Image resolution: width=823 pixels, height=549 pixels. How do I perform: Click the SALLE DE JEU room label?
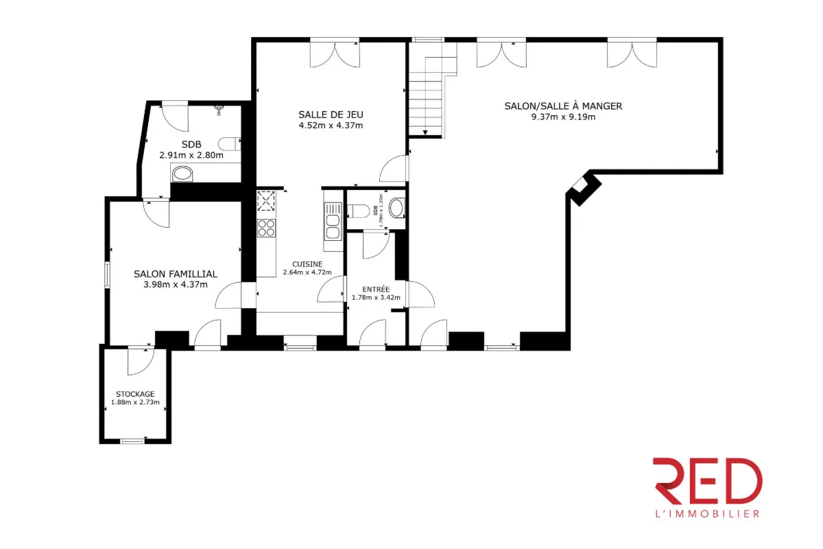click(330, 114)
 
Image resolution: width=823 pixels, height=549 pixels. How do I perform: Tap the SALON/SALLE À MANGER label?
click(563, 106)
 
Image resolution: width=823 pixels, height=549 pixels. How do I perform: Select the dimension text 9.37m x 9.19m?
click(563, 117)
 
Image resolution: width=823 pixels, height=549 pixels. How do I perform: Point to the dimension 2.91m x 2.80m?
click(191, 155)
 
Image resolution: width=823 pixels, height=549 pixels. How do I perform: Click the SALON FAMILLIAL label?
click(175, 274)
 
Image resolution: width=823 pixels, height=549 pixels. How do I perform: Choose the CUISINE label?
click(307, 264)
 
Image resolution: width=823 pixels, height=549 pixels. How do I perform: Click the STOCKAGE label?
click(135, 394)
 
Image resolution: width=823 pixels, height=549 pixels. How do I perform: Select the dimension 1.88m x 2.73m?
click(135, 403)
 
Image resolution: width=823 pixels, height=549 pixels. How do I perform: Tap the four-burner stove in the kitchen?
click(266, 227)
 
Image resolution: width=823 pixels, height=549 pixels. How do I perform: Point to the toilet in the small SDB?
click(396, 208)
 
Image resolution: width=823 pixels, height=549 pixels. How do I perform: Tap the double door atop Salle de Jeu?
click(334, 54)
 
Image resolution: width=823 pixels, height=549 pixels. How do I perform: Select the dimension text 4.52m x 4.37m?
click(330, 126)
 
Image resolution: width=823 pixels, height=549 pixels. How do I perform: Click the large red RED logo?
click(707, 481)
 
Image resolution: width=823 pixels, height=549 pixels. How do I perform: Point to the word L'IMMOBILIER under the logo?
click(707, 513)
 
